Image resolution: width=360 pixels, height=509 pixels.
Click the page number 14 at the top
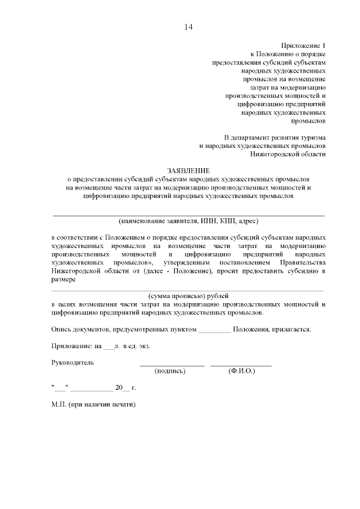pyautogui.click(x=188, y=27)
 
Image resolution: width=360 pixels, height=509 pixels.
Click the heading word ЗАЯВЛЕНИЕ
pyautogui.click(x=188, y=170)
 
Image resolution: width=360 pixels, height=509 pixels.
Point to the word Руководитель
pyautogui.click(x=73, y=362)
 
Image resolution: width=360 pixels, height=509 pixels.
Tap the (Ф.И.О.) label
pyautogui.click(x=241, y=371)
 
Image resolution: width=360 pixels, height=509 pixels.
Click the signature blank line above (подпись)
pyautogui.click(x=172, y=366)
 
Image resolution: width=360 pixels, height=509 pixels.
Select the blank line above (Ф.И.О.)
pyautogui.click(x=241, y=366)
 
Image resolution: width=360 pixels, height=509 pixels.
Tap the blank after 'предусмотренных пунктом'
pyautogui.click(x=214, y=330)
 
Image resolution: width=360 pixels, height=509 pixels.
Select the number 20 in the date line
pyautogui.click(x=118, y=388)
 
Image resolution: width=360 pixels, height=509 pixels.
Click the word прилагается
pyautogui.click(x=292, y=328)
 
